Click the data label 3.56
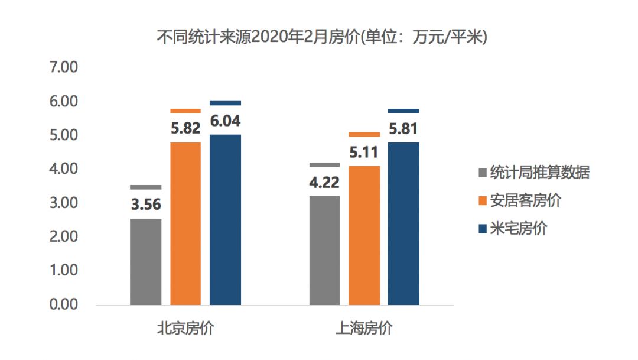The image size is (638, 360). (x=145, y=205)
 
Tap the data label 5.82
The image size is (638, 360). (x=185, y=128)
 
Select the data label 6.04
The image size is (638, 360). (x=225, y=121)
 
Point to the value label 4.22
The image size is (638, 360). (x=324, y=181)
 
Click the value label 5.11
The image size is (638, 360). (x=364, y=152)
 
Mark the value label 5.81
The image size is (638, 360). (x=403, y=128)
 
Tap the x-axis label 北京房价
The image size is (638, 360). (x=185, y=329)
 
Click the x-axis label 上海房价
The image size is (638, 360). (x=364, y=329)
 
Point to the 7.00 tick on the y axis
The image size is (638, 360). (x=64, y=67)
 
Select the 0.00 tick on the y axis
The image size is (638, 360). (x=64, y=304)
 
